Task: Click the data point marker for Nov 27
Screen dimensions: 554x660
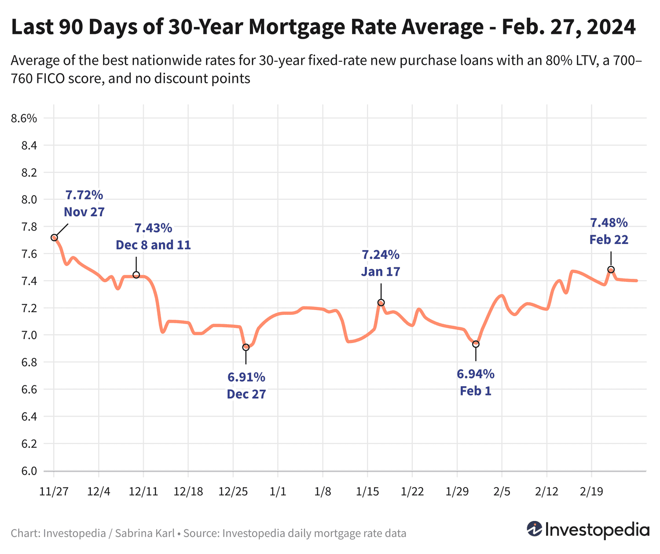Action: (54, 237)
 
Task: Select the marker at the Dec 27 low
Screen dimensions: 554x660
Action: (246, 347)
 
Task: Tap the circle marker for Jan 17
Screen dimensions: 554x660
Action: (381, 303)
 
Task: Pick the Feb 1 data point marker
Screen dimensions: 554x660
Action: (476, 344)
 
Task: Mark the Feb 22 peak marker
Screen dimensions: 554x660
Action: (611, 270)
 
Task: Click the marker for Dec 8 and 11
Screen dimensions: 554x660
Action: (136, 275)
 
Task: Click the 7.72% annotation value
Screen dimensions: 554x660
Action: (84, 195)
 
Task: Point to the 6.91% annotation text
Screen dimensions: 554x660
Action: (246, 377)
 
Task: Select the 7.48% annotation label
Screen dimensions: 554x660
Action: (609, 223)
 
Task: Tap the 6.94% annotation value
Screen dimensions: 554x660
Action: (476, 374)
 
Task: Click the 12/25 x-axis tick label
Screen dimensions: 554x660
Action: (233, 491)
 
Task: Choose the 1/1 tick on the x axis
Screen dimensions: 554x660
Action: (278, 491)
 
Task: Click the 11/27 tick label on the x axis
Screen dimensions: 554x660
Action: (54, 491)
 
